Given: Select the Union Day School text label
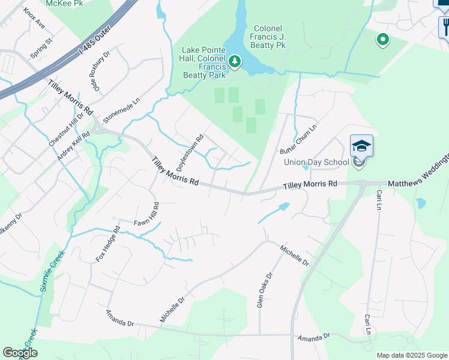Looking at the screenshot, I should pyautogui.click(x=316, y=162).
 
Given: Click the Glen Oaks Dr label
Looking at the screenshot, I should pyautogui.click(x=264, y=290).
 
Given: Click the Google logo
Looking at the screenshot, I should pyautogui.click(x=20, y=353).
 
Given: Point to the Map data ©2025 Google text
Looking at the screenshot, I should pyautogui.click(x=411, y=355).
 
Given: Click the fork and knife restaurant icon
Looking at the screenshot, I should pyautogui.click(x=444, y=26).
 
